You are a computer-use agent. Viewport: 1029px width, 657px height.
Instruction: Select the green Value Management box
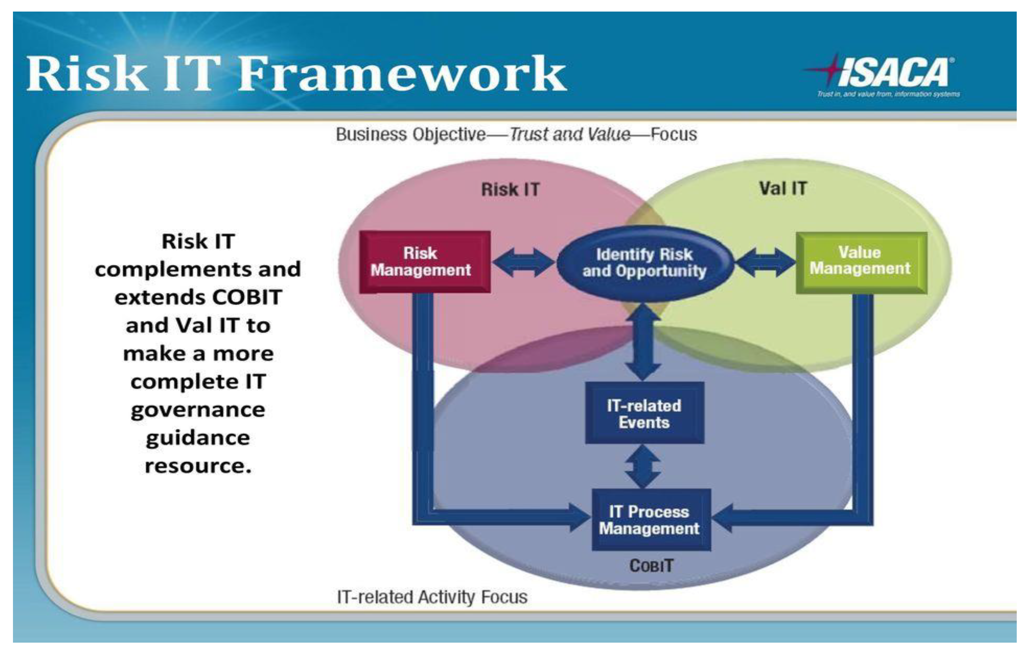[860, 262]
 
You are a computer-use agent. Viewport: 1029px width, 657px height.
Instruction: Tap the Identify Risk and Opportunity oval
[644, 262]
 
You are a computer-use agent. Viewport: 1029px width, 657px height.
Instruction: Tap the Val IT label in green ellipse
[783, 188]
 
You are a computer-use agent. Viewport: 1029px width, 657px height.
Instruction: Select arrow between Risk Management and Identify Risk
[523, 262]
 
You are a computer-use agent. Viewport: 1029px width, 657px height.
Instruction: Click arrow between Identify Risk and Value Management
[765, 262]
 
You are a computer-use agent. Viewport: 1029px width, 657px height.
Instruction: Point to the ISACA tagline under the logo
[888, 94]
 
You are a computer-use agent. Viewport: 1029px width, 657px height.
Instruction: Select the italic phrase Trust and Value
[570, 134]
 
